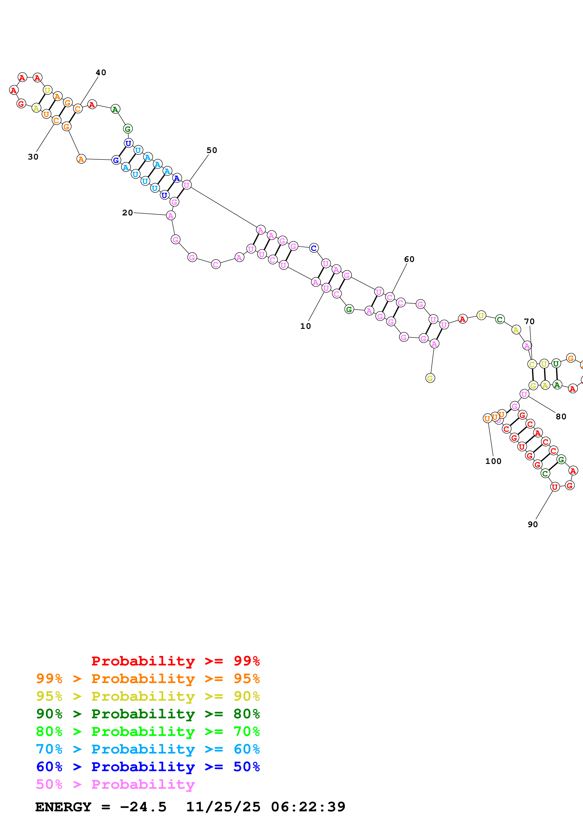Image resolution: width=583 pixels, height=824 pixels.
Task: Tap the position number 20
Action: pyautogui.click(x=127, y=213)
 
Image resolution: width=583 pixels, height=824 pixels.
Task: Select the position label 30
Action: pyautogui.click(x=33, y=157)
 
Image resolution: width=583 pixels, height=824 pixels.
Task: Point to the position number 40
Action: pyautogui.click(x=101, y=73)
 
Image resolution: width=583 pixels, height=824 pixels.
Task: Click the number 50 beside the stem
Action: pyautogui.click(x=212, y=150)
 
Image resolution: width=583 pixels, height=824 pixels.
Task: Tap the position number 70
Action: pyautogui.click(x=529, y=322)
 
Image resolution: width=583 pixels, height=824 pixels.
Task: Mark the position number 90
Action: pyautogui.click(x=533, y=524)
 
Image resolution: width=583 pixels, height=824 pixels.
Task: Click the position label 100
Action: pyautogui.click(x=493, y=461)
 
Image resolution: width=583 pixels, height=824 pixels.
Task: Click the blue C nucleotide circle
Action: pyautogui.click(x=313, y=248)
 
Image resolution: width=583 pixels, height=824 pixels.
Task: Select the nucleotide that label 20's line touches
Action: pyautogui.click(x=171, y=216)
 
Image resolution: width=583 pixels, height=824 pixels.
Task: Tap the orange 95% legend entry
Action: pyautogui.click(x=148, y=679)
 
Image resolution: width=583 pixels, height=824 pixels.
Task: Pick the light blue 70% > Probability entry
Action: pyautogui.click(x=148, y=749)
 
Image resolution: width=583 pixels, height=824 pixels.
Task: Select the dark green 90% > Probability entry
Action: pyautogui.click(x=148, y=714)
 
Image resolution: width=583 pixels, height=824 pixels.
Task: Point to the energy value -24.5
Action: pyautogui.click(x=143, y=807)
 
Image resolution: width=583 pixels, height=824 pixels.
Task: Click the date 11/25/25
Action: pyautogui.click(x=223, y=807)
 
